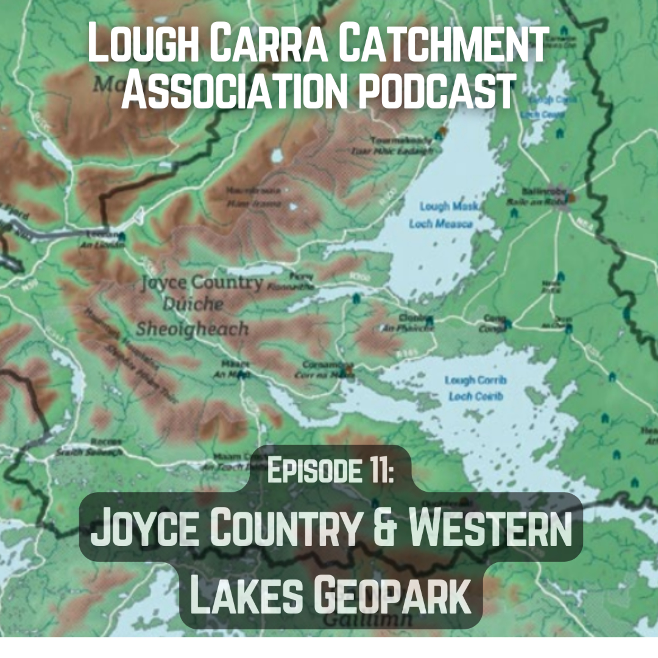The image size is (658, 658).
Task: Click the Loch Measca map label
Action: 441,224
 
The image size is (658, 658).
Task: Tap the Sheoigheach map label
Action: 192,329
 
